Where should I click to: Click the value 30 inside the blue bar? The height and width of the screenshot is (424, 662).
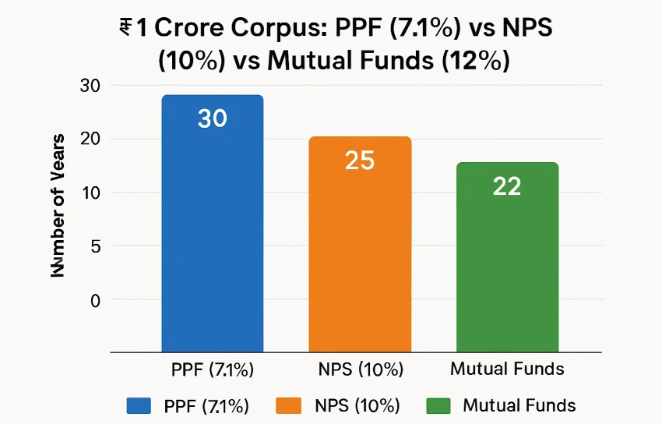212,118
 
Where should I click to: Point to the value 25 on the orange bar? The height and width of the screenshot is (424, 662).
360,160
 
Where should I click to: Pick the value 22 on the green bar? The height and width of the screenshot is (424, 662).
507,186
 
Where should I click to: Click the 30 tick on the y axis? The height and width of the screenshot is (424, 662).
91,86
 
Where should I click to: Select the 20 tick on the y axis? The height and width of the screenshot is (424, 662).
91,140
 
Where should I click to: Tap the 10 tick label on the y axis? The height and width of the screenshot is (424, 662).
91,193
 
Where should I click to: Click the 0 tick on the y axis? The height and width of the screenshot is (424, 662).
95,300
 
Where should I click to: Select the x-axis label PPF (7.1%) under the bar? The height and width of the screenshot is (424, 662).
212,369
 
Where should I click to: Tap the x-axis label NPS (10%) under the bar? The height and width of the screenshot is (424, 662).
360,369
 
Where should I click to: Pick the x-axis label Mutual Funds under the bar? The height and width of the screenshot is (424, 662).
507,369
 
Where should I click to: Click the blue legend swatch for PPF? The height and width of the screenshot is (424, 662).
138,405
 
